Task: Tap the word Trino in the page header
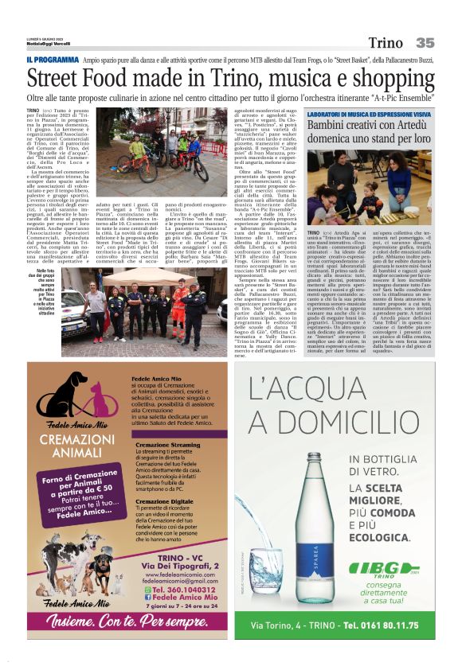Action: tap(386, 43)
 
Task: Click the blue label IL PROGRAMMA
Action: tap(52, 60)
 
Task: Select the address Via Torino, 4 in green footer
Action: tap(283, 625)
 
